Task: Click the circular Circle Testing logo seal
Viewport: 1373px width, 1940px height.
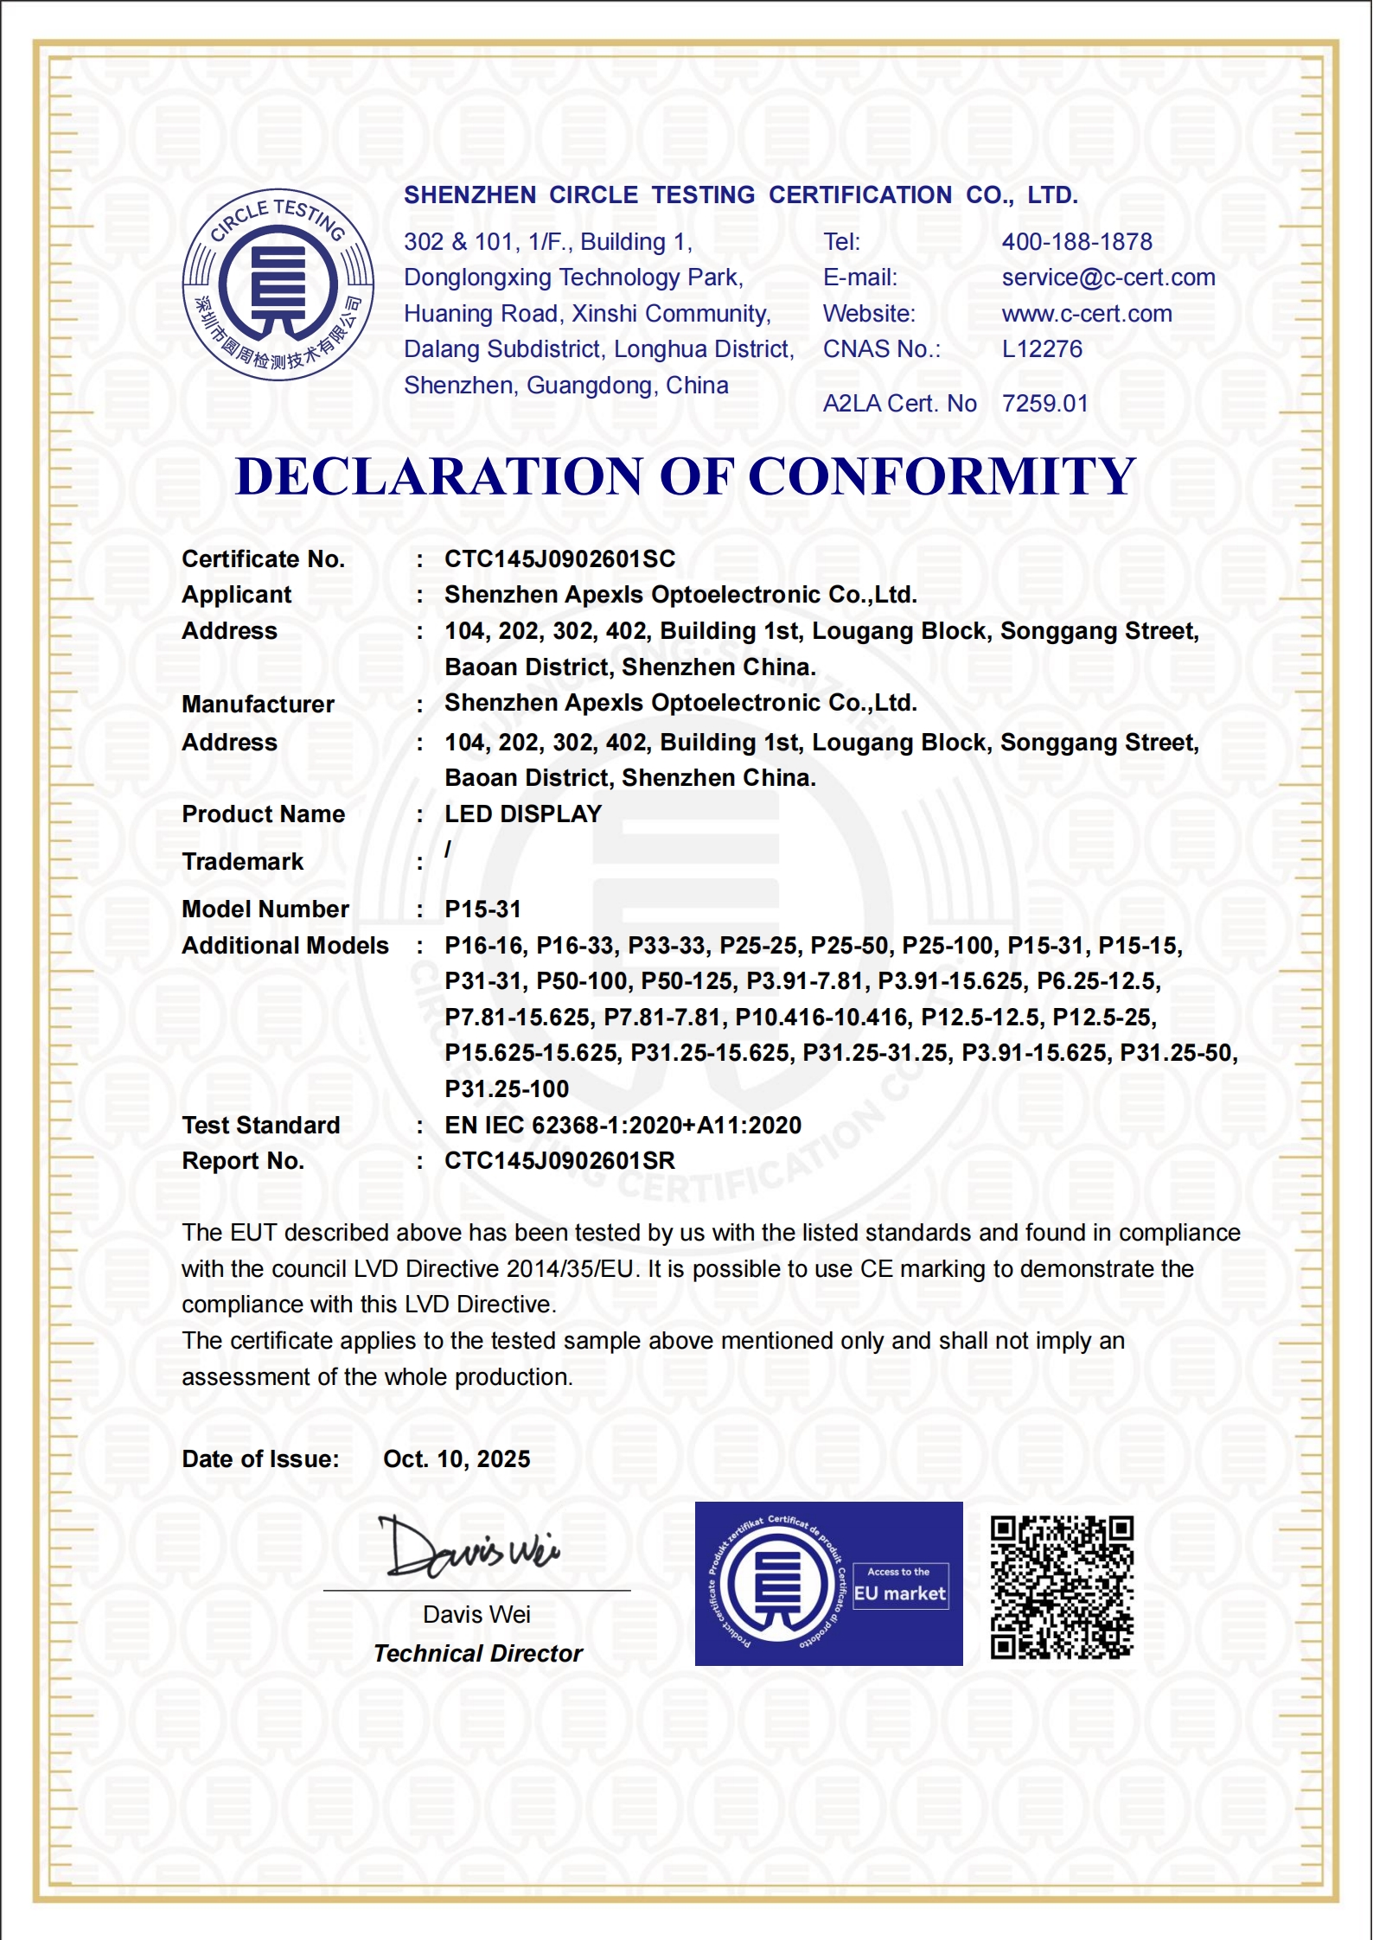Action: coord(278,284)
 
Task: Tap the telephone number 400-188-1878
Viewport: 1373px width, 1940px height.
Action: coord(1076,242)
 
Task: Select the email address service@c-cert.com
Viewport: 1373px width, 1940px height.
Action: coord(1108,278)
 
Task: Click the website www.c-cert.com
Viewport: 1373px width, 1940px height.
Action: coord(1087,314)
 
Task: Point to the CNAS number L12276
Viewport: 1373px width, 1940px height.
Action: coord(1042,349)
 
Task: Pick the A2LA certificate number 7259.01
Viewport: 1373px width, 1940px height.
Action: coord(1044,404)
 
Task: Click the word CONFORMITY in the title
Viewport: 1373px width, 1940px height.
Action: coord(942,476)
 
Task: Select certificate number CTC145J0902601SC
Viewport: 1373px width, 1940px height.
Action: coord(559,559)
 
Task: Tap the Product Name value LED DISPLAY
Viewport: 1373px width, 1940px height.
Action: coord(523,814)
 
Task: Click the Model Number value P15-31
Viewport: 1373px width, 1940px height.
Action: coord(482,909)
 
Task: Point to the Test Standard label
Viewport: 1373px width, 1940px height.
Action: coord(260,1126)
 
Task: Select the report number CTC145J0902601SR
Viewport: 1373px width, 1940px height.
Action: coord(559,1161)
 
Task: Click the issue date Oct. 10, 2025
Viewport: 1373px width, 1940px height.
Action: coord(457,1459)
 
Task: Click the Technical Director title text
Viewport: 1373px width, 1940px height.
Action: coord(478,1654)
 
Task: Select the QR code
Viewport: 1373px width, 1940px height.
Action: coord(1062,1587)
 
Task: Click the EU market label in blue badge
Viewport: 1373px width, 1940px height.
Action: coord(900,1593)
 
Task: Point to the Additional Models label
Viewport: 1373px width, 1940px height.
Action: coord(284,946)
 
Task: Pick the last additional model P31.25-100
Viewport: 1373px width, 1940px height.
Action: coord(507,1089)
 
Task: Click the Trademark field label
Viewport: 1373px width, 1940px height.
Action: coord(242,862)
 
